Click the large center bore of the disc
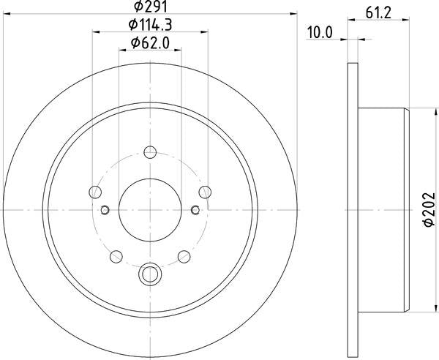tap(150, 210)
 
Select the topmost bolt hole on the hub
tap(150, 152)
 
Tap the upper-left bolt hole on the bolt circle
tap(95, 192)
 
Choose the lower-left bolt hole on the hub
tap(116, 256)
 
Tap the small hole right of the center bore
tap(195, 211)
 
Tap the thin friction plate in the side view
tap(352, 210)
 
